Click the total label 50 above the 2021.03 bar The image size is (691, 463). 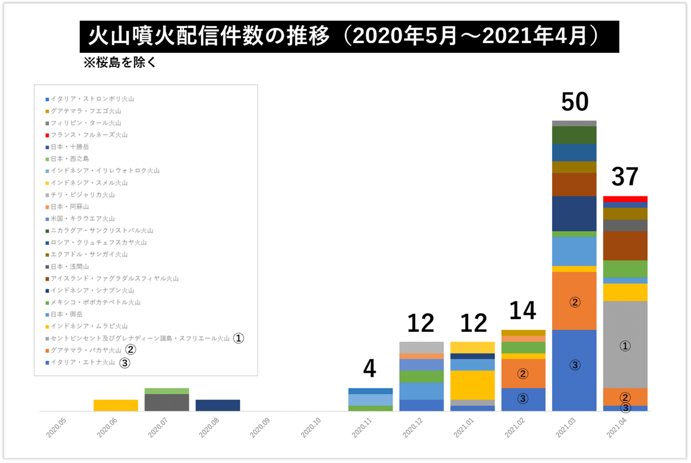pyautogui.click(x=575, y=102)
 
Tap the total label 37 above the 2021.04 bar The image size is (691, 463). pyautogui.click(x=625, y=177)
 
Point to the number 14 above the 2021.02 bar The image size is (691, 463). pyautogui.click(x=523, y=311)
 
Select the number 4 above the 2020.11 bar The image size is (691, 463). pyautogui.click(x=369, y=369)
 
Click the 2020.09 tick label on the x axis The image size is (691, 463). pyautogui.click(x=260, y=428)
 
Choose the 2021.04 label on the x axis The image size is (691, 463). pyautogui.click(x=616, y=428)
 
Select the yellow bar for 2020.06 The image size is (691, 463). pyautogui.click(x=116, y=405)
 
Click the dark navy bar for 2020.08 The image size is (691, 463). pyautogui.click(x=218, y=405)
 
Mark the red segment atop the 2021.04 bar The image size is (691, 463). pyautogui.click(x=625, y=199)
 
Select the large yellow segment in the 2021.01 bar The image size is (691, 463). pyautogui.click(x=473, y=385)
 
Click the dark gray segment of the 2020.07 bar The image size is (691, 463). pyautogui.click(x=167, y=402)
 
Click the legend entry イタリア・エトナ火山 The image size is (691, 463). pyautogui.click(x=83, y=363)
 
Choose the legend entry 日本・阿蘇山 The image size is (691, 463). pyautogui.click(x=70, y=207)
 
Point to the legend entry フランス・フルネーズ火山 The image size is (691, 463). pyautogui.click(x=89, y=135)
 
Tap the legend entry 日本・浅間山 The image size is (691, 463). pyautogui.click(x=70, y=267)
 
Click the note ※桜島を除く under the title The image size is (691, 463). pyautogui.click(x=120, y=63)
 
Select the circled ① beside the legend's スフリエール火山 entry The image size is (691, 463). pyautogui.click(x=238, y=338)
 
